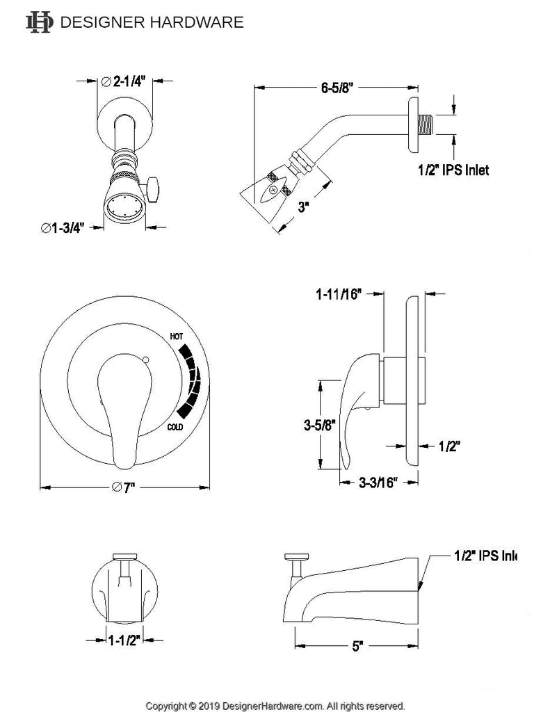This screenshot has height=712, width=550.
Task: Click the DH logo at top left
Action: [x=38, y=22]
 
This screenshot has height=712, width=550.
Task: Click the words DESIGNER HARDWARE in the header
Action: [x=153, y=22]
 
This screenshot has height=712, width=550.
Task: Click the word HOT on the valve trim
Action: [x=177, y=337]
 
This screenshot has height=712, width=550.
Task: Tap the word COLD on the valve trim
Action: [x=175, y=427]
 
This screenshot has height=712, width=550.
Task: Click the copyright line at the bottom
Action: [x=275, y=705]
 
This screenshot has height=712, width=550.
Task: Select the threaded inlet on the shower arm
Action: [x=430, y=127]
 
